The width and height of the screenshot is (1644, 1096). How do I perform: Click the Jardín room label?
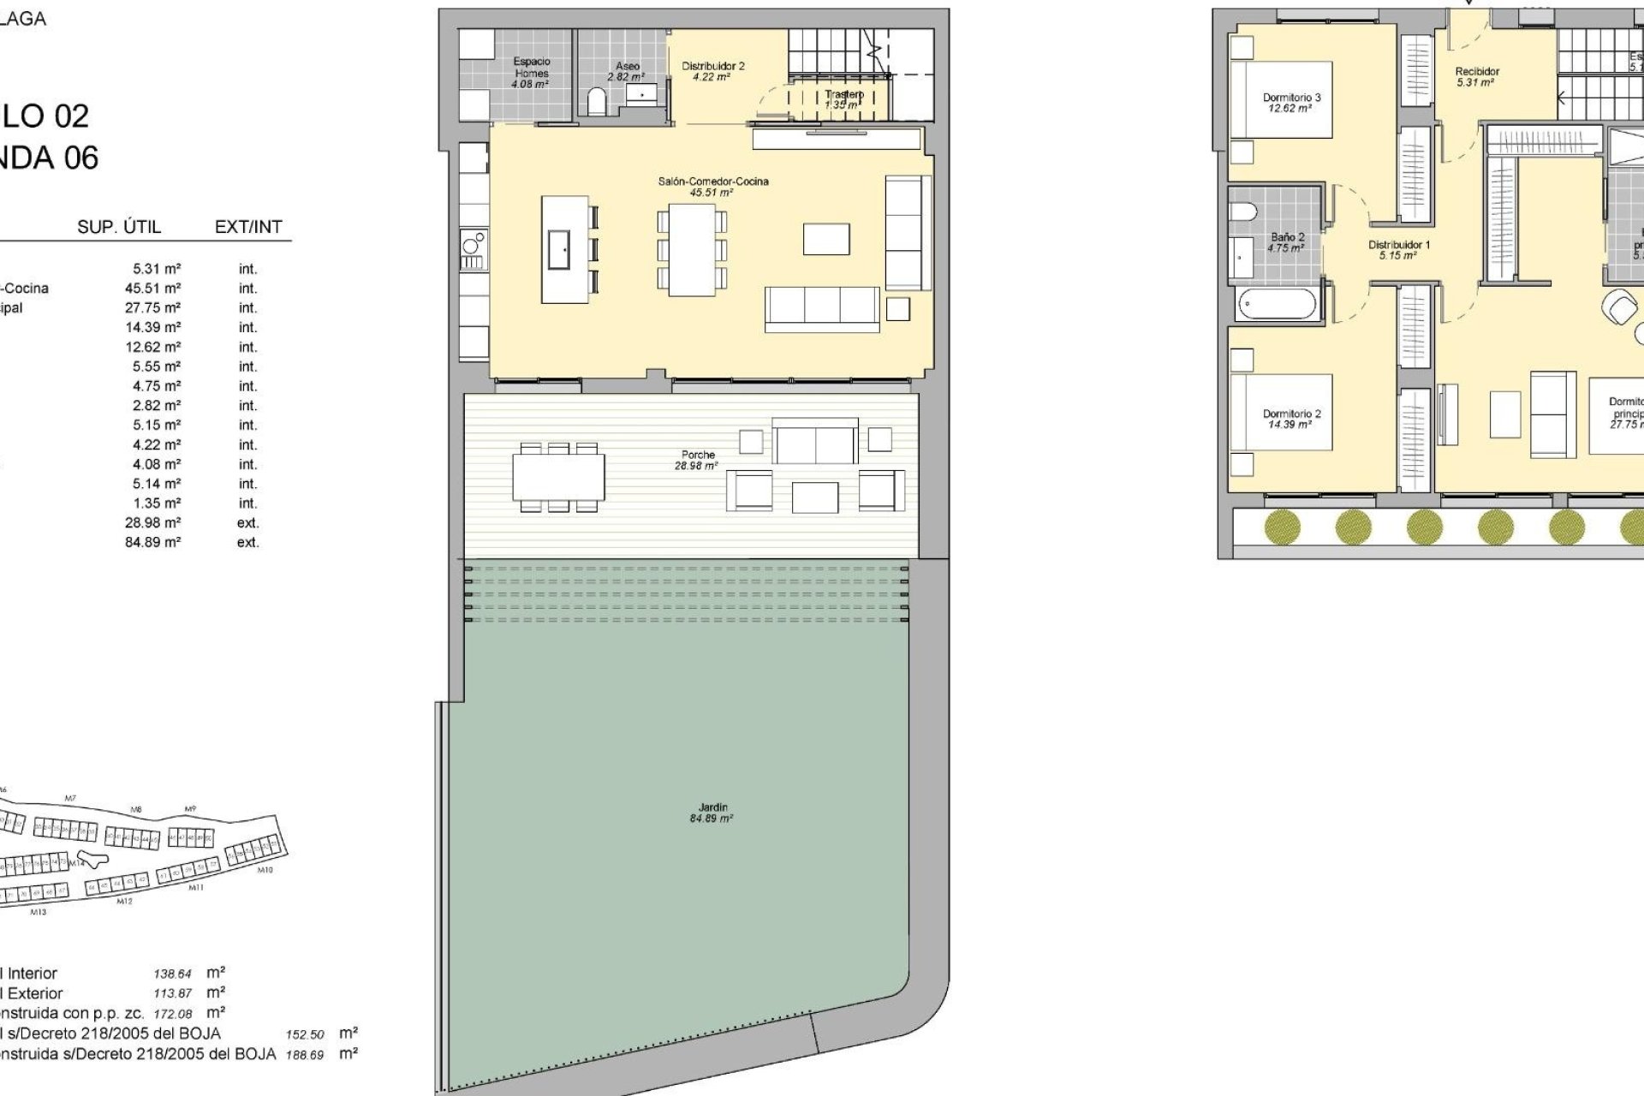point(712,813)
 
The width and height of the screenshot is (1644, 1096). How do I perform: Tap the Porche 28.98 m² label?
point(697,460)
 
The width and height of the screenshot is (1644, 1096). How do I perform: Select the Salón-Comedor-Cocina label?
point(712,186)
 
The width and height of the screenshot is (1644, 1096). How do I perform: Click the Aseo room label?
point(627,71)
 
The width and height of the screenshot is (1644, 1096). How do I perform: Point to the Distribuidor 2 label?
point(712,71)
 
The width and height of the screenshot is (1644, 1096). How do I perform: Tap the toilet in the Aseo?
point(597,103)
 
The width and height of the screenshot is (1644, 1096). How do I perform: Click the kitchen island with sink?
point(564,249)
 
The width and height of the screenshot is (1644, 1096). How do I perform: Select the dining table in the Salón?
point(692,249)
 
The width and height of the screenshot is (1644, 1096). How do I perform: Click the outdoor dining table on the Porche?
point(558,477)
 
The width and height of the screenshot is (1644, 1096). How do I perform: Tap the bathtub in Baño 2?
point(1276,305)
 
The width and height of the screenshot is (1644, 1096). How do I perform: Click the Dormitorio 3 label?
point(1291,103)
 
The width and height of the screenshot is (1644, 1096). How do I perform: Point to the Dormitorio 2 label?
point(1291,419)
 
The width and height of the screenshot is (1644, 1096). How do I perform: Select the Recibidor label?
point(1477,77)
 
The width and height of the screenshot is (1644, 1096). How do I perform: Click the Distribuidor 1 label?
point(1399,249)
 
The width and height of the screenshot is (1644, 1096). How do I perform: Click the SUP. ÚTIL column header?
point(119,227)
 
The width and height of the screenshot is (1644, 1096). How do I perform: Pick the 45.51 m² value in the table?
point(152,289)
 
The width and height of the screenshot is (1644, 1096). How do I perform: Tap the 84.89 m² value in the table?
point(152,542)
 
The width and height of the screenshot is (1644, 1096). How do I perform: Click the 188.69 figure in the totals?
point(305,1055)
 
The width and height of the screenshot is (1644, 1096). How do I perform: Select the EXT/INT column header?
point(248,227)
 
